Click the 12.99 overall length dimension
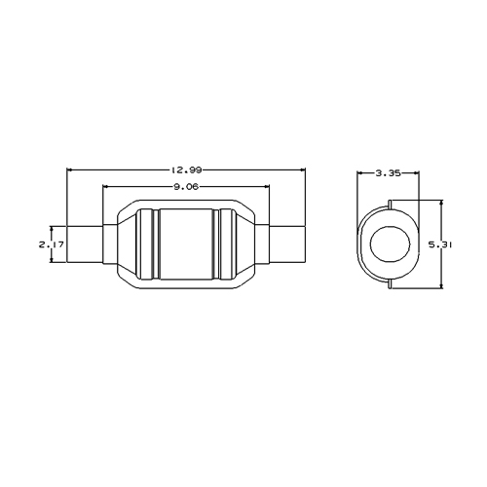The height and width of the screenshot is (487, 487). (x=186, y=169)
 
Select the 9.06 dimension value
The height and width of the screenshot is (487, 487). (x=186, y=187)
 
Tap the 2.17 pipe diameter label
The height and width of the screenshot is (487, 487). (x=52, y=244)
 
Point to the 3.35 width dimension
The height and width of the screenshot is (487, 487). (x=388, y=173)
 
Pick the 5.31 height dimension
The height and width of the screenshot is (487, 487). (x=440, y=244)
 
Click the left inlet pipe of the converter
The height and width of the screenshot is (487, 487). (x=85, y=244)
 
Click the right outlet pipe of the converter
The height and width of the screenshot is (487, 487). (x=287, y=244)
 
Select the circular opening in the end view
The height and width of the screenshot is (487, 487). (x=391, y=244)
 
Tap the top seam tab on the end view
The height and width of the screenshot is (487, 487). (x=390, y=205)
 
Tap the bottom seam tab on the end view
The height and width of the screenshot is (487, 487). (x=390, y=283)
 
